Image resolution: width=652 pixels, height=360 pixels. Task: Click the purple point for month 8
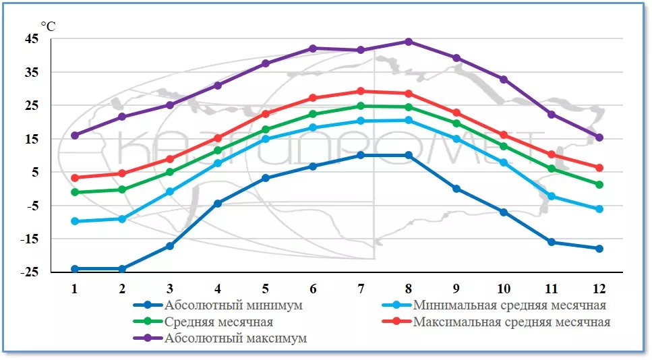pos(408,41)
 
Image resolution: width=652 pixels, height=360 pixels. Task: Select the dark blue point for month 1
pos(75,268)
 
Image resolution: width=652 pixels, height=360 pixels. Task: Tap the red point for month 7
pos(361,91)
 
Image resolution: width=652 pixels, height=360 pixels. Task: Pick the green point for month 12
pos(599,184)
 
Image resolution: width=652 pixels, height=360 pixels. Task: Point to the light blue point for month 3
pos(170,191)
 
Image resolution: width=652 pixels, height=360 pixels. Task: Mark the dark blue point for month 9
pos(456,188)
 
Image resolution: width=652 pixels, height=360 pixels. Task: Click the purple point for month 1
pos(75,135)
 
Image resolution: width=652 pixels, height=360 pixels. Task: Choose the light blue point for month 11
pos(552,196)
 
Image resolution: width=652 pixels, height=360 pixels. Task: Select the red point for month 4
pos(218,138)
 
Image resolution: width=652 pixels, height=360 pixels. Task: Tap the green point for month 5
pos(266,129)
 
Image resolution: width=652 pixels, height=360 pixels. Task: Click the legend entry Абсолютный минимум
pos(233,305)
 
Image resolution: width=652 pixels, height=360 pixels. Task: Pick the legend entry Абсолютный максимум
pos(235,338)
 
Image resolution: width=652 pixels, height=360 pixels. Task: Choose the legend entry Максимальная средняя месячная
pos(511,322)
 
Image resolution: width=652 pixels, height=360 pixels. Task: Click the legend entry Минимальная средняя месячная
pos(509,305)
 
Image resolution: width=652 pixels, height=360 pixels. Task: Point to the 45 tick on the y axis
pos(32,38)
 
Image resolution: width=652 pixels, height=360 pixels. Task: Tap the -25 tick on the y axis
pos(31,272)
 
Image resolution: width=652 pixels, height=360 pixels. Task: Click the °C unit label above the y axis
pos(48,26)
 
